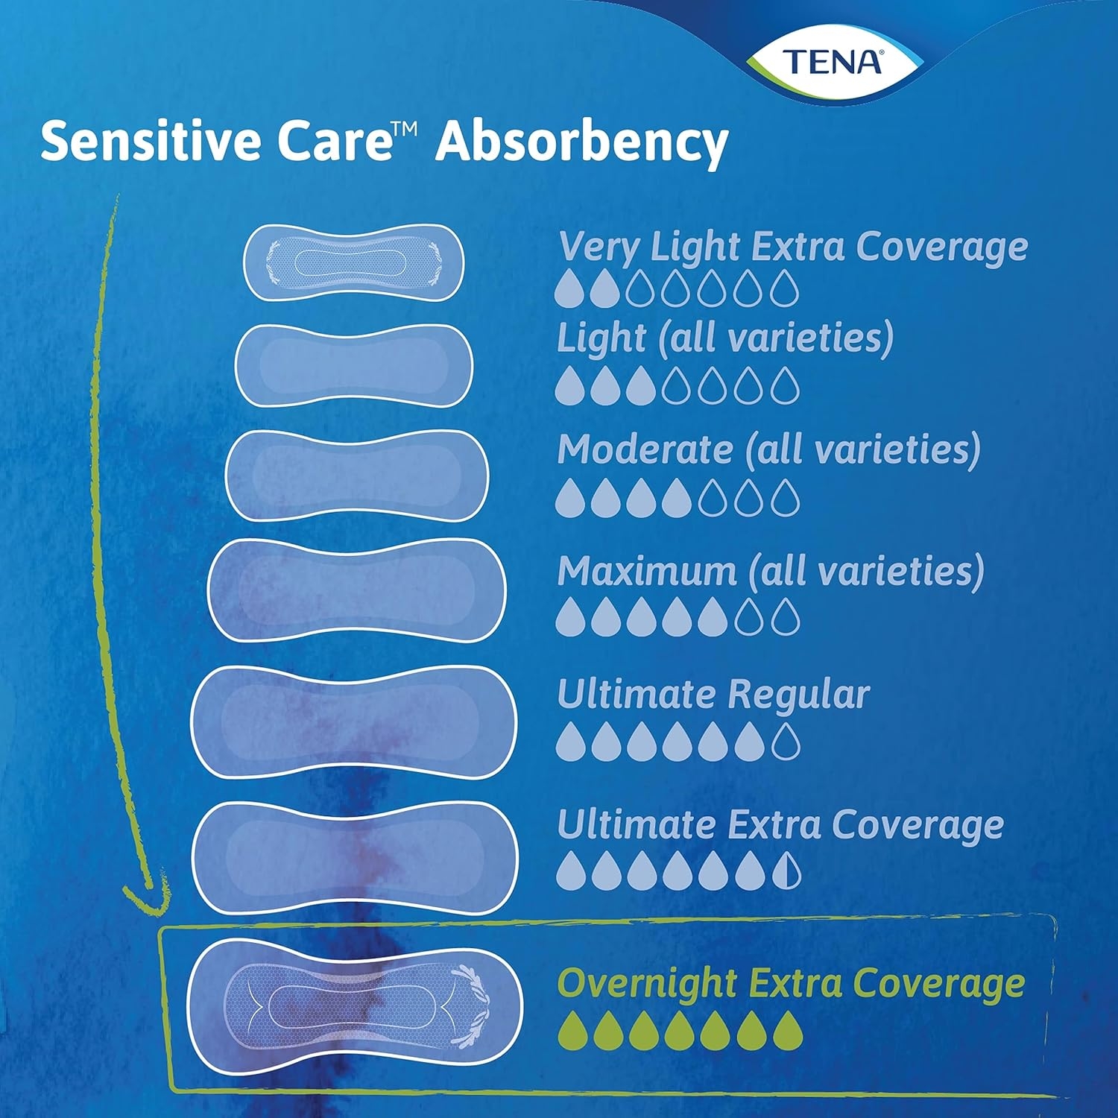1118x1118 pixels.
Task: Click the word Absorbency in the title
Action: tap(582, 142)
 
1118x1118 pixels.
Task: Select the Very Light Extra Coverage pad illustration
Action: tap(354, 263)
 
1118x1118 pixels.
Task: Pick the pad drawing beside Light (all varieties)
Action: tap(354, 366)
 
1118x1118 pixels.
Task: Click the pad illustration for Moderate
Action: tap(356, 476)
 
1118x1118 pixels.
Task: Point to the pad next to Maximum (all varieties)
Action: tap(356, 590)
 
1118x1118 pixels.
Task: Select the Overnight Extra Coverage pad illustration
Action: tap(355, 1007)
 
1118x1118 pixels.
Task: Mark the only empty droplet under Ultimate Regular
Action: tap(786, 741)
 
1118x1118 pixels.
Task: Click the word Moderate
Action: tap(645, 450)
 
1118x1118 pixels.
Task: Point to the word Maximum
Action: tap(647, 572)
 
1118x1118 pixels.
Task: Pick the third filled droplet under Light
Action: tap(641, 385)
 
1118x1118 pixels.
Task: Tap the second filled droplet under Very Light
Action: tap(605, 288)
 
